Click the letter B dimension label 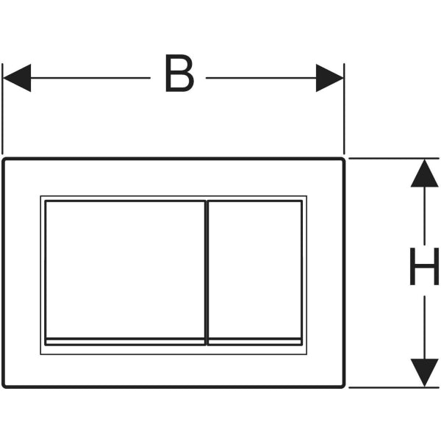180,73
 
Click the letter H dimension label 424,266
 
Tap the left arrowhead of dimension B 17,78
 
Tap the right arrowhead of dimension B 329,78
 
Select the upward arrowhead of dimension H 424,173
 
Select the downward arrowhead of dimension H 424,373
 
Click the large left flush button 125,269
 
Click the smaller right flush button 255,269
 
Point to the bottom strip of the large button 125,342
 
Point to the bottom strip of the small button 255,342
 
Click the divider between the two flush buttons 207,273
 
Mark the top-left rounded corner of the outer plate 4,159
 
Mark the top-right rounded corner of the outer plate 343,159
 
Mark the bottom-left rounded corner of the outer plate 4,386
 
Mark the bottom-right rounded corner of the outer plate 343,386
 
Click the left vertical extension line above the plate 2,109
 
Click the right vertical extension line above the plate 344,109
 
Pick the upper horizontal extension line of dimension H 394,159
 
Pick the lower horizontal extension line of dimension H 394,387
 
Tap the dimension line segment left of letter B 90,78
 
